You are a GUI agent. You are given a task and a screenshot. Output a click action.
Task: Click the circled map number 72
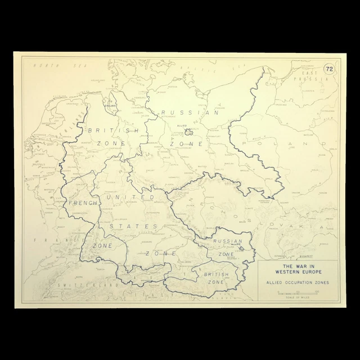click(329, 69)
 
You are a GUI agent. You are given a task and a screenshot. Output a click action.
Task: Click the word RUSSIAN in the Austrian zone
click(227, 241)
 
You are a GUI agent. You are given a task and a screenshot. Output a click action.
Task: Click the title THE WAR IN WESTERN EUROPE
click(298, 268)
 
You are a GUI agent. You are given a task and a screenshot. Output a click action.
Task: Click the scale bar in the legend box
click(298, 292)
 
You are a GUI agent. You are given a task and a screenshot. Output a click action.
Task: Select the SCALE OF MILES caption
click(298, 296)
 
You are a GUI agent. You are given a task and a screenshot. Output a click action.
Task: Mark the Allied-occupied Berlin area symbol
click(188, 133)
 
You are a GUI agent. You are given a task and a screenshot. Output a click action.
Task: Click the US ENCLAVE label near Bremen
click(111, 104)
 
